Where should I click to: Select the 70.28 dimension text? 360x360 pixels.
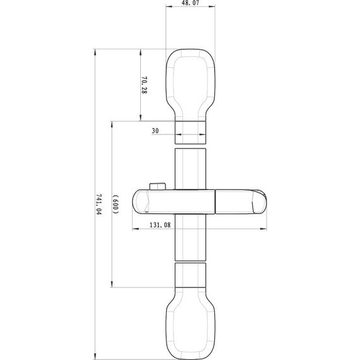[144, 85]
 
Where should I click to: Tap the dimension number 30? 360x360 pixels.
[155, 131]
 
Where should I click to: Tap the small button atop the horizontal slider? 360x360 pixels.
[157, 186]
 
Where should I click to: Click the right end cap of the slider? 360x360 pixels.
[259, 203]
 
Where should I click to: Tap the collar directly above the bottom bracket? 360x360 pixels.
[191, 275]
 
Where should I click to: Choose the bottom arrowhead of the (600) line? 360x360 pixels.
[111, 285]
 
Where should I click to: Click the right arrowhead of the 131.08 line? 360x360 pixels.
[265, 229]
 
